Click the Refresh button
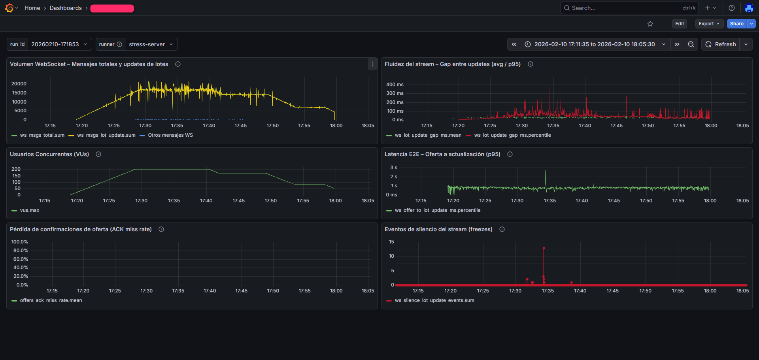(721, 44)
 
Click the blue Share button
(736, 24)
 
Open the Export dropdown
(709, 24)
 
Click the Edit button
(679, 24)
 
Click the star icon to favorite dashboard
(650, 24)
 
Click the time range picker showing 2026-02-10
(595, 44)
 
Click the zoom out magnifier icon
(691, 44)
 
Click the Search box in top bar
(625, 8)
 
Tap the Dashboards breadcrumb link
(66, 8)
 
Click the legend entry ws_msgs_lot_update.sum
(106, 135)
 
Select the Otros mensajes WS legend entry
(170, 135)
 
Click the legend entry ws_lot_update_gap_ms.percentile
(512, 135)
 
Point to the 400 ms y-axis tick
(395, 85)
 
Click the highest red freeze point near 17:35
(544, 248)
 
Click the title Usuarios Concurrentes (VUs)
(49, 154)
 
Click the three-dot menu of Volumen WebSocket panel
(372, 64)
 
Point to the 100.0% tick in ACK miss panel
(20, 242)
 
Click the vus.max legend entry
(30, 210)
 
